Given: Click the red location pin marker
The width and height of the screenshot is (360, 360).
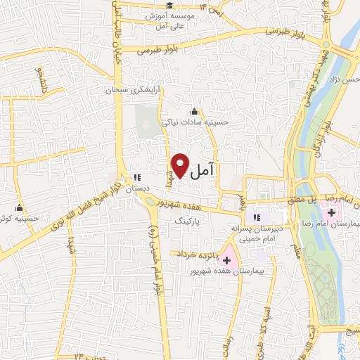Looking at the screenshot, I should (181, 165).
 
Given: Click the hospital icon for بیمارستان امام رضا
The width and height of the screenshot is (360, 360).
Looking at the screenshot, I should (331, 212).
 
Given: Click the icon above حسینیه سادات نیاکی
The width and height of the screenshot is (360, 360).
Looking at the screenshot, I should (193, 111).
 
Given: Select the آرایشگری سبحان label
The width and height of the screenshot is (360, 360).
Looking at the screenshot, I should (132, 91).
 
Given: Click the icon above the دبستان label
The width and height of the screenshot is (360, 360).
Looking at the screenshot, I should (138, 178).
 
